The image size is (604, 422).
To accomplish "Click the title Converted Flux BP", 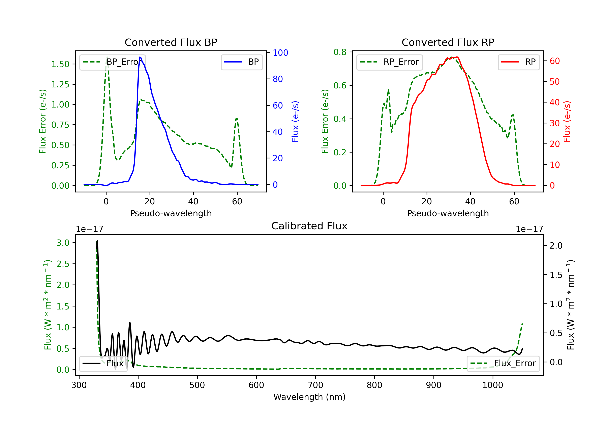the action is [x=171, y=42].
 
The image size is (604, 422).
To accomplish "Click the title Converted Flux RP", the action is [x=448, y=42].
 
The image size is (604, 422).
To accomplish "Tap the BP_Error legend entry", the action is [x=112, y=62].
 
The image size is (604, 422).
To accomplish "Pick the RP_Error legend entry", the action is [x=389, y=62].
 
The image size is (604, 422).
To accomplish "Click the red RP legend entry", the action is [x=518, y=62].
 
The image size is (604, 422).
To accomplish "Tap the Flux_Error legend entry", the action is [x=503, y=364].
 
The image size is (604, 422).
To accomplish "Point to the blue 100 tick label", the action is [x=280, y=53].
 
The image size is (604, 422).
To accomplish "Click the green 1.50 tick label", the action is [x=60, y=64].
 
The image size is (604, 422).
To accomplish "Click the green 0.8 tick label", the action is [x=340, y=52].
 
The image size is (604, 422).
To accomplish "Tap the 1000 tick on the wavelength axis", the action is [x=492, y=385].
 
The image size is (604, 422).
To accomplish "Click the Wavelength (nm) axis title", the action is [x=309, y=397].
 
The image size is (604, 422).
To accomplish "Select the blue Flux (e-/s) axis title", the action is [x=295, y=121].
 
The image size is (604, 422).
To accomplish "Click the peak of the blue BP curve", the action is [x=140, y=57].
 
